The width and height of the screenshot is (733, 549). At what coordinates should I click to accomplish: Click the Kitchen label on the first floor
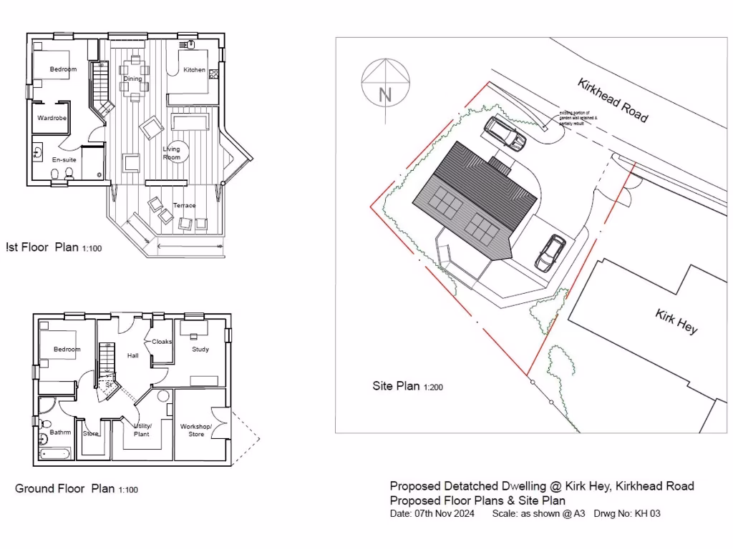coord(194,70)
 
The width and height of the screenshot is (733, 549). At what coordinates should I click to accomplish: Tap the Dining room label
coord(132,79)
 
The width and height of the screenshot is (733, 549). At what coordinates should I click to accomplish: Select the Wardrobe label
coord(52,117)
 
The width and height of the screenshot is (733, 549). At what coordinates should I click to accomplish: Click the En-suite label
coord(64,159)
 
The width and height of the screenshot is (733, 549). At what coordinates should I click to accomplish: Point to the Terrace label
coord(185,205)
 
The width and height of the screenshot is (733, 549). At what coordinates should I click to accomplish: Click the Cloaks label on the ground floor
coord(162,342)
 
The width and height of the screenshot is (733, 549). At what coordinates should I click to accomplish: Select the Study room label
coord(200,350)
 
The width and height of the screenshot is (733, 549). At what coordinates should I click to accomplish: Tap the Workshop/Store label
coord(196,430)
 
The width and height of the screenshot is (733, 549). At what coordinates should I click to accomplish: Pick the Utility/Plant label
coord(142,430)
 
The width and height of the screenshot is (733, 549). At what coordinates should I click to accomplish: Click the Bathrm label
coord(60,432)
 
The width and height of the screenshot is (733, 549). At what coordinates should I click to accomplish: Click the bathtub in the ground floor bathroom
coord(54,452)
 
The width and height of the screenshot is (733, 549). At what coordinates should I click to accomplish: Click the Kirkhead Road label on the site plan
coord(613,99)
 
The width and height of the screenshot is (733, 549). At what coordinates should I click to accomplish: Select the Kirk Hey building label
coord(676,322)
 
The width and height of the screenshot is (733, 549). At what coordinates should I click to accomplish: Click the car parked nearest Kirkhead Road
coord(505,133)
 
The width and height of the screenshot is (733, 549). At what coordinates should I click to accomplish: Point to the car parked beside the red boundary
coord(550,252)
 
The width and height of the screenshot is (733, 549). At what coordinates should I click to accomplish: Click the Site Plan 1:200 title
coord(406,386)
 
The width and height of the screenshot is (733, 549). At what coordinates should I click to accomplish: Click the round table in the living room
coord(176,152)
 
